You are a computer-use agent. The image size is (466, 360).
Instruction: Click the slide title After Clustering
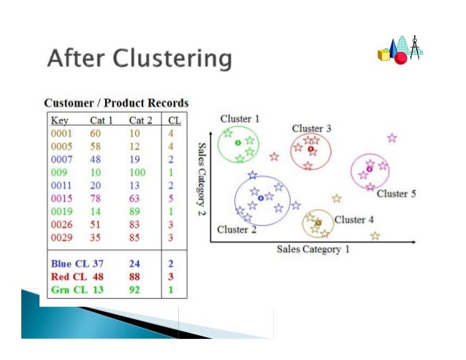click(139, 58)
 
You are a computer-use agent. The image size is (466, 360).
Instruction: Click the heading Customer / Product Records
click(116, 103)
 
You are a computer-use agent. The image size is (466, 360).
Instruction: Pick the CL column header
click(174, 120)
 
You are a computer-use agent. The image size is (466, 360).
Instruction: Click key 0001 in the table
click(61, 134)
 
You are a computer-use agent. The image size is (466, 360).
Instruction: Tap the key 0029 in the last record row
click(61, 237)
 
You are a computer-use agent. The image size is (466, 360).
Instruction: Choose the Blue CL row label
click(69, 263)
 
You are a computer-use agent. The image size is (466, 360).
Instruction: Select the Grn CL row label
click(69, 290)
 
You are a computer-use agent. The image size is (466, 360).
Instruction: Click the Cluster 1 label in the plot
click(240, 118)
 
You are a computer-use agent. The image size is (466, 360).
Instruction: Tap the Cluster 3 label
click(311, 129)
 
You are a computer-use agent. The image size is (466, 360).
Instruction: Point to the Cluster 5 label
click(397, 194)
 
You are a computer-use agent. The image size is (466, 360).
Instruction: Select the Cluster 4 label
click(354, 219)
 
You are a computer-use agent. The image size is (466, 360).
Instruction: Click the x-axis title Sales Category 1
click(313, 250)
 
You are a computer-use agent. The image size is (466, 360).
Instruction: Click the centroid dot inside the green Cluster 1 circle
click(237, 142)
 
